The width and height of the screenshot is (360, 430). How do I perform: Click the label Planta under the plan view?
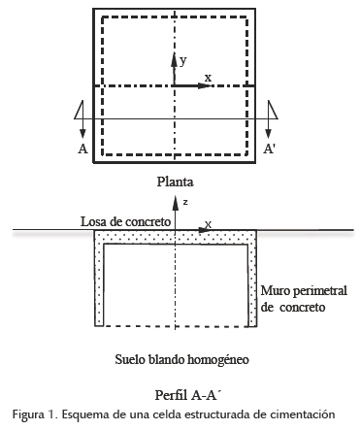point(176,181)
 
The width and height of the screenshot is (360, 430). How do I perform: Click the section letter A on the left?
point(82,149)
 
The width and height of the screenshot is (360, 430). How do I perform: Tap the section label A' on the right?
point(270,149)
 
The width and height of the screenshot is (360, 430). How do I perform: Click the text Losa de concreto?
point(126,221)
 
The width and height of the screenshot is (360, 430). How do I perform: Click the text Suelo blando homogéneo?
point(181,358)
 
